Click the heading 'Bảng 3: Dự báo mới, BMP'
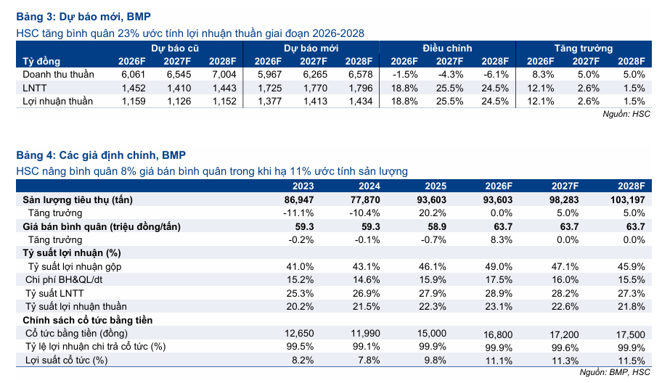point(83,17)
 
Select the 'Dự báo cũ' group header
point(175,48)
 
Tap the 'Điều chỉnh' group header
point(447,48)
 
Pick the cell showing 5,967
point(269,75)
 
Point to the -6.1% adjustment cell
point(496,75)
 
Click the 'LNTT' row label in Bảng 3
point(35,88)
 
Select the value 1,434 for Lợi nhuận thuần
point(361,102)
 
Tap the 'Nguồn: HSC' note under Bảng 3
point(626,114)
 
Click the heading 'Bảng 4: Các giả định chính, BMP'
point(101,155)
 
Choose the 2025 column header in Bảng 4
point(436,186)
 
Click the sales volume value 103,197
point(627,200)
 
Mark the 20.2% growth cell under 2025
point(433,213)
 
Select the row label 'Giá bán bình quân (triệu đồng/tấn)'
point(102,226)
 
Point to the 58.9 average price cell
point(437,226)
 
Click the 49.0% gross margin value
point(499,267)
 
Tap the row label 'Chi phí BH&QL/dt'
point(64,280)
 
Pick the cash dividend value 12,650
point(299,333)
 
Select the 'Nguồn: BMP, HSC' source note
point(615,372)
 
